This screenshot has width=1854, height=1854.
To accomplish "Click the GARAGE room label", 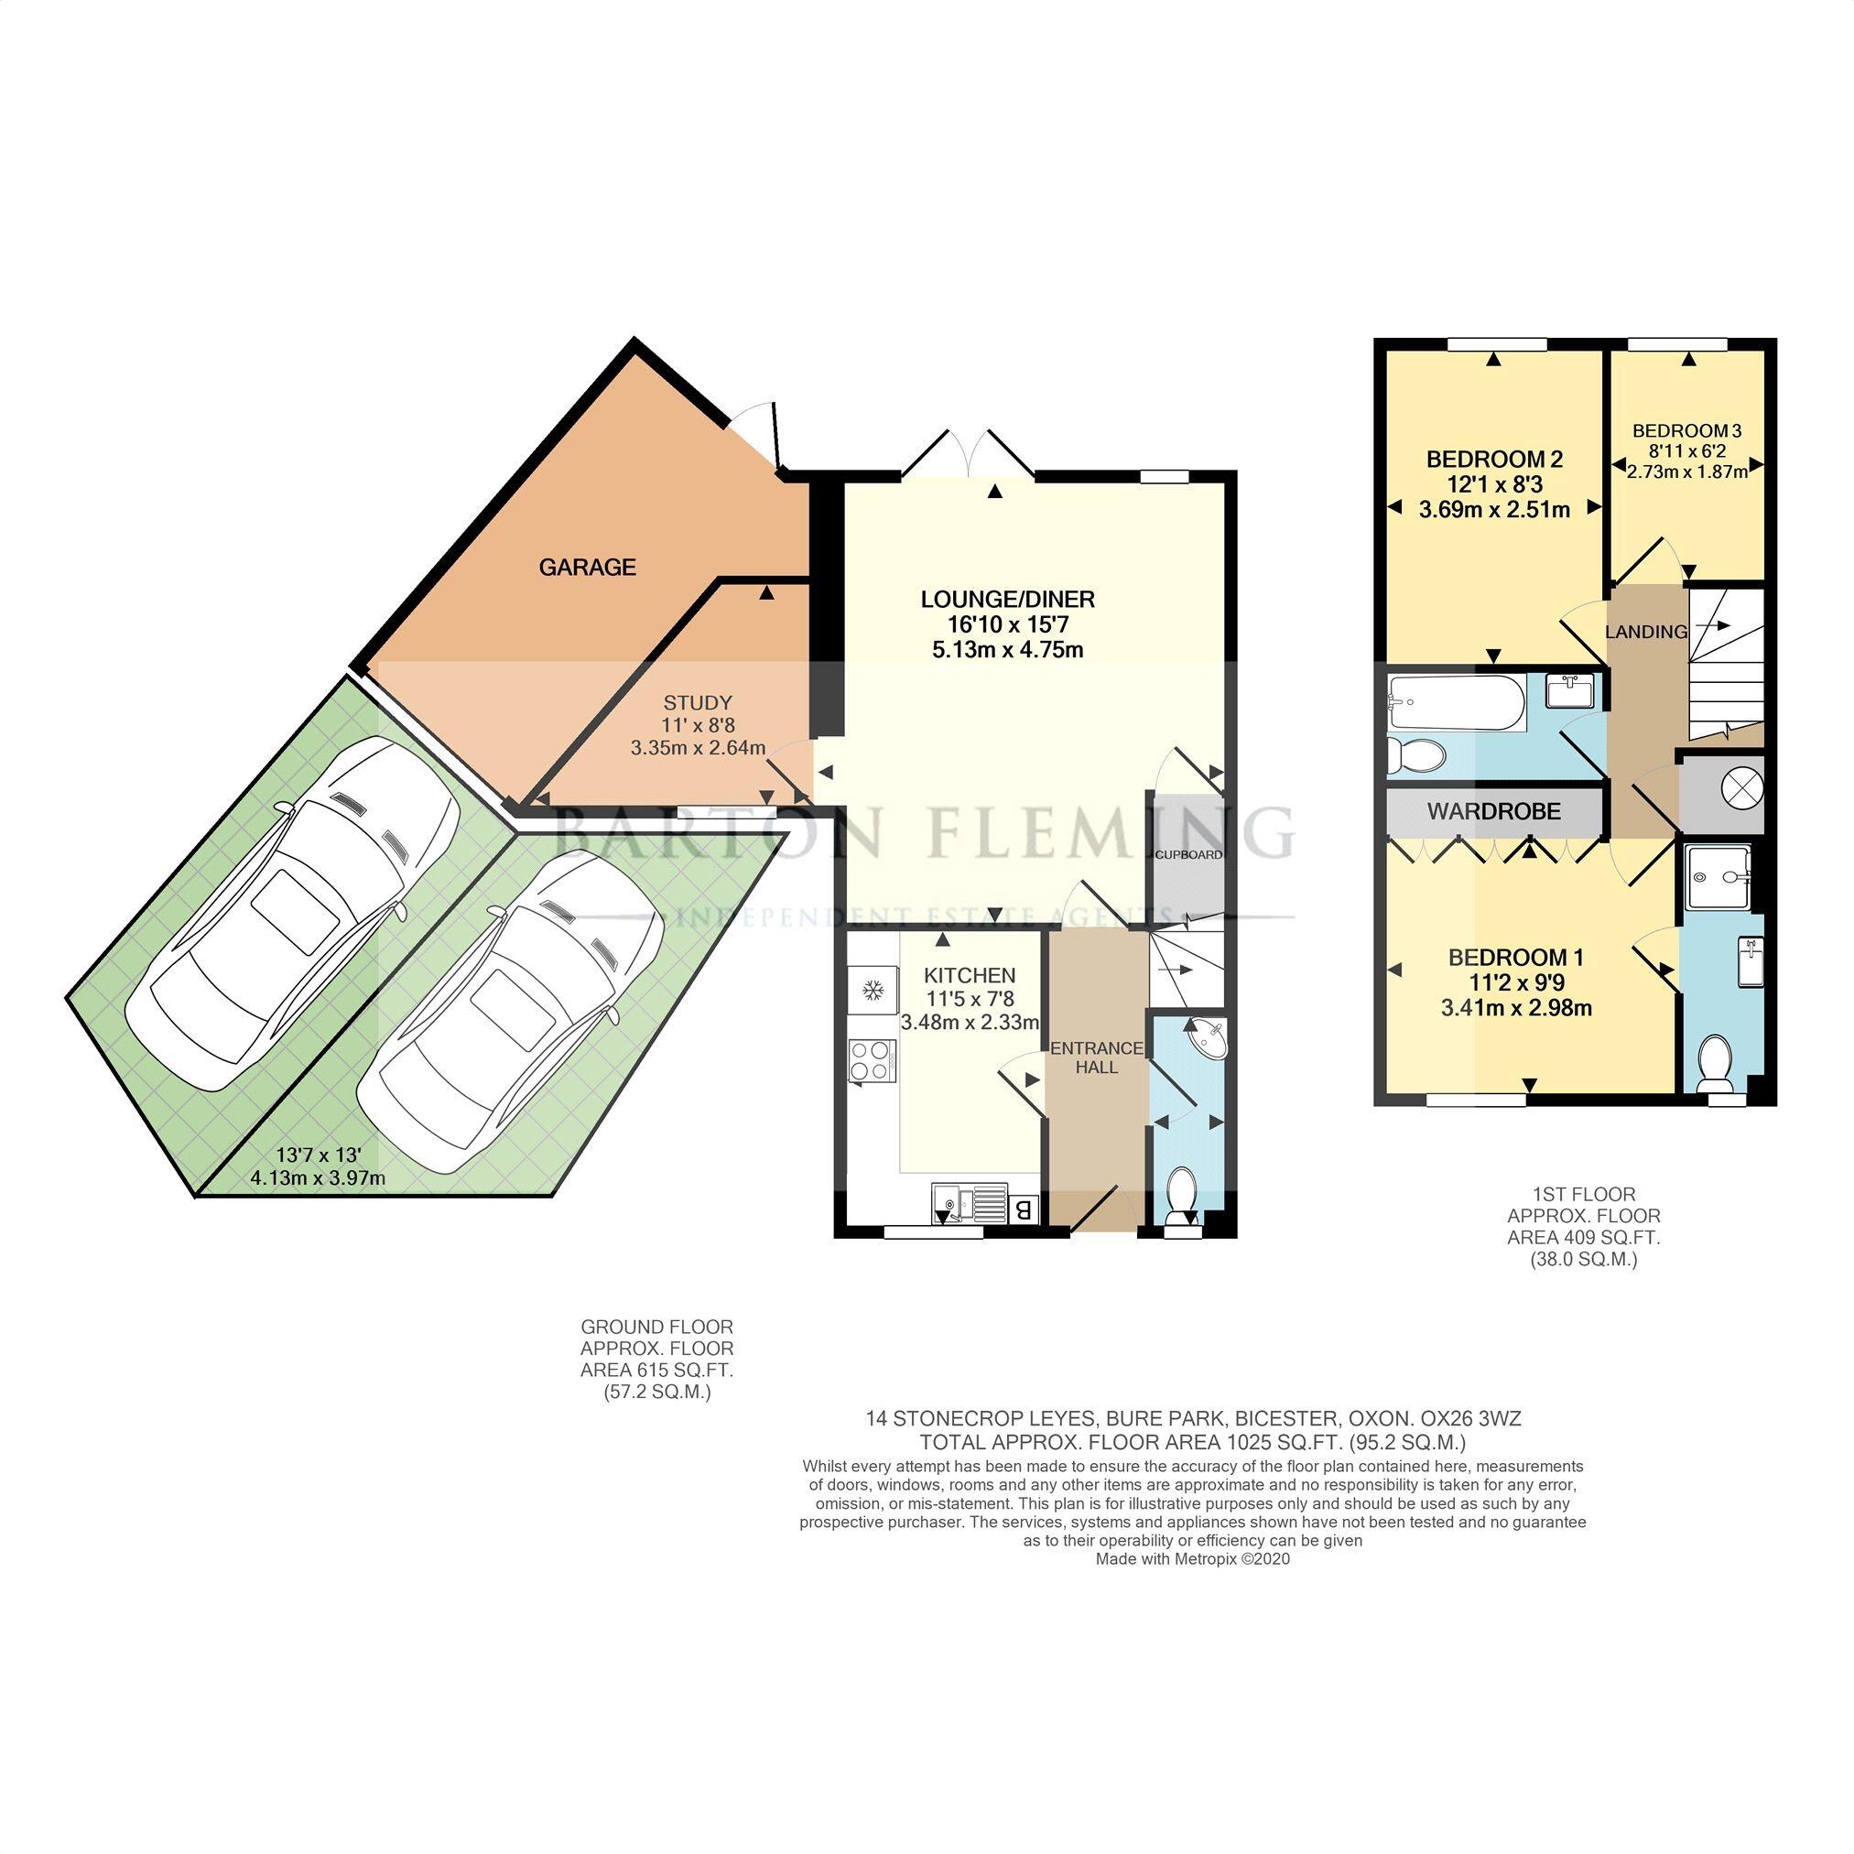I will tap(586, 567).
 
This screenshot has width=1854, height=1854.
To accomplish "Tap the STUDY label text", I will tap(698, 702).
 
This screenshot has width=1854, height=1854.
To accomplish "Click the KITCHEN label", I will tap(970, 976).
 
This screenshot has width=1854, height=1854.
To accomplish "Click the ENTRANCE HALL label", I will tap(1097, 1057).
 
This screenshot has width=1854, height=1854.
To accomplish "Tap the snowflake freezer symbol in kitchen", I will tap(873, 990).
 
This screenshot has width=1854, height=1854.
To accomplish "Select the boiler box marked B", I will tap(1024, 1209).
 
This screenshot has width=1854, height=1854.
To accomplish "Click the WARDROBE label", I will tap(1493, 812).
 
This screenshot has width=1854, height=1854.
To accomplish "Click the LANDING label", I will tap(1646, 632).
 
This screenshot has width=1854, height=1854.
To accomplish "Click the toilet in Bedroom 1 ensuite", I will tap(1713, 1063).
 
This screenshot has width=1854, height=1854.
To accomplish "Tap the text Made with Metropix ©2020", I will tap(1192, 1559).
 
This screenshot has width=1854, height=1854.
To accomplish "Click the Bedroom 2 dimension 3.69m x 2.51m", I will tap(1493, 510).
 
